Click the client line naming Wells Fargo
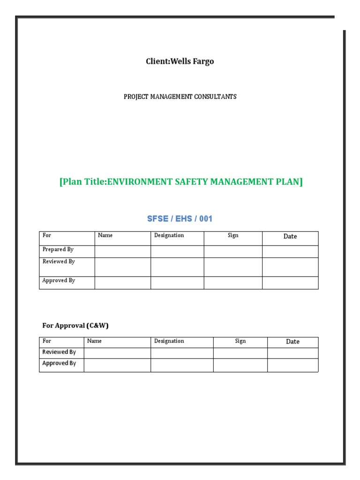pos(180,61)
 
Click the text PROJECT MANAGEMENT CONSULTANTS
pos(180,97)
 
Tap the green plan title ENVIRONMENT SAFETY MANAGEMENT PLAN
pos(181,181)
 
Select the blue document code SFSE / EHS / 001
pos(180,219)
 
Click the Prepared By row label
pos(58,250)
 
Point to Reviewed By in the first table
pos(59,262)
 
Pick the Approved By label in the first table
pos(59,281)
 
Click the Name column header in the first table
pos(105,235)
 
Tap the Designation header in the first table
pos(169,235)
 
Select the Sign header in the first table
pos(233,235)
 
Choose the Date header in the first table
pos(290,236)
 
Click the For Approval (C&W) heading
pos(75,325)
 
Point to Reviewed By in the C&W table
pos(59,352)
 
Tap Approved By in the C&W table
pos(59,363)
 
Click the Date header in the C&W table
pos(292,342)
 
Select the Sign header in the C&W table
pos(240,341)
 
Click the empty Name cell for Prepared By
pos(122,252)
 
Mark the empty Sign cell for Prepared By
pos(233,252)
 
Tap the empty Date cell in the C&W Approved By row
pos(292,365)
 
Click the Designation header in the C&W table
pos(169,341)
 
